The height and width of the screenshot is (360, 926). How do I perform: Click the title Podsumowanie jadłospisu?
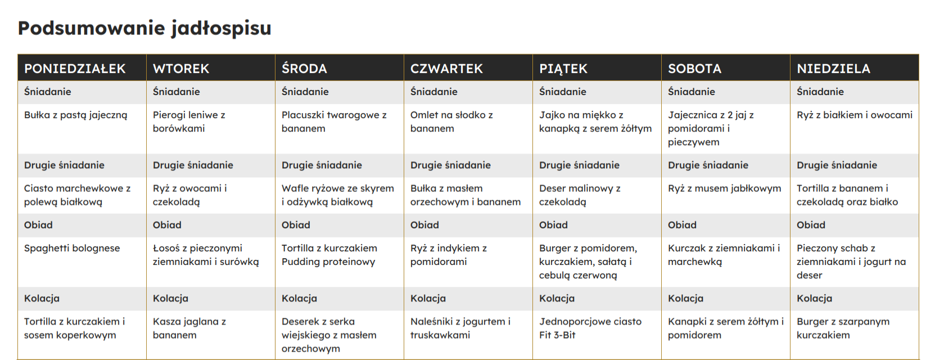pyautogui.click(x=144, y=28)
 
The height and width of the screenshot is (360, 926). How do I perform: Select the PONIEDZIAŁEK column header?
pyautogui.click(x=75, y=69)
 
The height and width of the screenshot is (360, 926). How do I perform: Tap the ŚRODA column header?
pyautogui.click(x=304, y=69)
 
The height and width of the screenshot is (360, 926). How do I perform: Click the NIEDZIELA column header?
pyautogui.click(x=833, y=69)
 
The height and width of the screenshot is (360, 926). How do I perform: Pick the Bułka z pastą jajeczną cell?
pyautogui.click(x=76, y=115)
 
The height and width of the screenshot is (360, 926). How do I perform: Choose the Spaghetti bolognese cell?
pyautogui.click(x=72, y=248)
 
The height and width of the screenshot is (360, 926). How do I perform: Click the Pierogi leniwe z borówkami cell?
pyautogui.click(x=189, y=121)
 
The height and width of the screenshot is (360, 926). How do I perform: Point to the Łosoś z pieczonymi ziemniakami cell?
pyautogui.click(x=206, y=255)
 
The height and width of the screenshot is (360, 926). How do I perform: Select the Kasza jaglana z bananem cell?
pyautogui.click(x=189, y=328)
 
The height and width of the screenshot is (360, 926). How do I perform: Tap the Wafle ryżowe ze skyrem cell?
pyautogui.click(x=337, y=195)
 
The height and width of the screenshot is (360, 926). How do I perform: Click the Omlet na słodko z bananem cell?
pyautogui.click(x=451, y=121)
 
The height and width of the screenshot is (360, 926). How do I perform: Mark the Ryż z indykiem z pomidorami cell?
pyautogui.click(x=449, y=255)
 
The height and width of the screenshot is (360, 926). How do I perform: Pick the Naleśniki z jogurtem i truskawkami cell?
pyautogui.click(x=460, y=328)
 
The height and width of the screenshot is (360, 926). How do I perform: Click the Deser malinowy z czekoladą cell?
pyautogui.click(x=580, y=195)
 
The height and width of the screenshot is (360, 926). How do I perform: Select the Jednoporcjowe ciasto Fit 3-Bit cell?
pyautogui.click(x=590, y=328)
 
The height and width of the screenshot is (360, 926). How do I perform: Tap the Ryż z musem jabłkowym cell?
pyautogui.click(x=724, y=188)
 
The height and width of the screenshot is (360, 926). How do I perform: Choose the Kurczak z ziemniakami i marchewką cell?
pyautogui.click(x=724, y=255)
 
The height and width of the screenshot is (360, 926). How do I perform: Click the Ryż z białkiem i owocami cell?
pyautogui.click(x=854, y=115)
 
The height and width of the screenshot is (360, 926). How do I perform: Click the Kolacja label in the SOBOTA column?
pyautogui.click(x=685, y=299)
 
